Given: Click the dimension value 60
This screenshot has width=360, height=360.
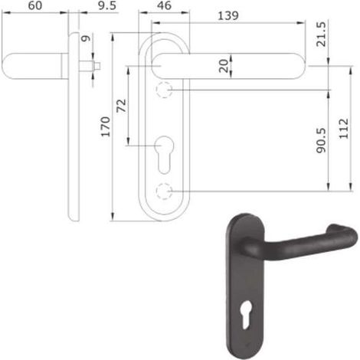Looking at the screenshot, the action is coord(35,5).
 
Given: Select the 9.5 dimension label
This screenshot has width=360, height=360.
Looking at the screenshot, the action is coord(107,5).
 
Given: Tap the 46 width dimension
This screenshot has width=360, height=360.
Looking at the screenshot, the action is coord(165,5).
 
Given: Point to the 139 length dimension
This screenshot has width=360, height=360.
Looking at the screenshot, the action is coord(228,16).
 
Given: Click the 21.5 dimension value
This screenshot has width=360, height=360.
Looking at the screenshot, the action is coord(321,34).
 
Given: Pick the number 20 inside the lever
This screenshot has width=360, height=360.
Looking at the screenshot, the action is coord(224,66).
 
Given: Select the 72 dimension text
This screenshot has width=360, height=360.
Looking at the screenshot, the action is coord(122,106).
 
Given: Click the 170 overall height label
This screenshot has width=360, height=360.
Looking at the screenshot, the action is coord(106,126).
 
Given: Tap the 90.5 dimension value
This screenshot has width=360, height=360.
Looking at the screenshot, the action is coord(321,140).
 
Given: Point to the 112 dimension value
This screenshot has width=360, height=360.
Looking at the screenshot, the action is coord(344,129).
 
